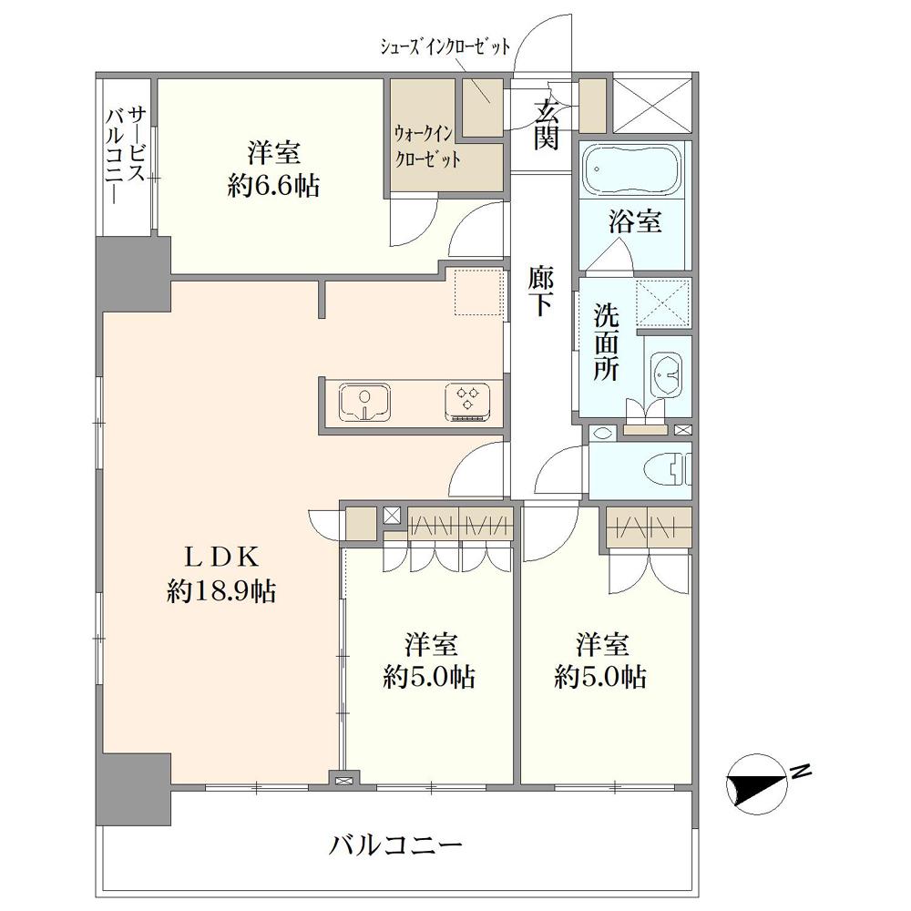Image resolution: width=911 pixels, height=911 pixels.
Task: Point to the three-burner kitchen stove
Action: pos(467,401)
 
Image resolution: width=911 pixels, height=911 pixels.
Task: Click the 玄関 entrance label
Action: pos(547,124)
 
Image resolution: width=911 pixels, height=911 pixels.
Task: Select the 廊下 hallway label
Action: pos(541,291)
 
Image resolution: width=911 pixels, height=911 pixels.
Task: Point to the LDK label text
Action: pos(220,558)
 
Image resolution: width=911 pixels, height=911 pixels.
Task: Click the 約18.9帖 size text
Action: pos(221,591)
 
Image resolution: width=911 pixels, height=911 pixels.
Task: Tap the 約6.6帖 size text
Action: pos(273,187)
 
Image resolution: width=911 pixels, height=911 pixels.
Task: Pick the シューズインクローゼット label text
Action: pos(445,46)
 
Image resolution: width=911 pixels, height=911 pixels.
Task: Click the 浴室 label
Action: pos(635,221)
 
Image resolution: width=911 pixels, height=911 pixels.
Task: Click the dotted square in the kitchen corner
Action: pos(479,292)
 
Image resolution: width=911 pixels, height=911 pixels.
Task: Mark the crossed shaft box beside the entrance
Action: pos(652,105)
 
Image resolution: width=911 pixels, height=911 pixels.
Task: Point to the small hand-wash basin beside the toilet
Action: pos(602,432)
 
